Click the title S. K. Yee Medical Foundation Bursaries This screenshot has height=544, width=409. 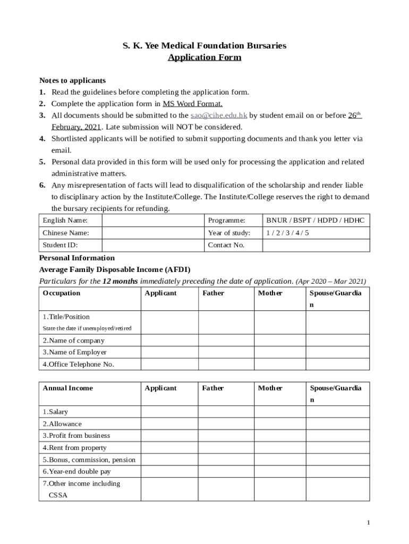(204, 46)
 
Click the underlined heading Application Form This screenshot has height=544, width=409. (204, 57)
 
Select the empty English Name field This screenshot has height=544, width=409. (153, 220)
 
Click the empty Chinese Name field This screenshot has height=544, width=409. (153, 233)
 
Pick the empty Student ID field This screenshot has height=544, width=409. (153, 245)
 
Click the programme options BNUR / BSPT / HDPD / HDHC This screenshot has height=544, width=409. (316, 220)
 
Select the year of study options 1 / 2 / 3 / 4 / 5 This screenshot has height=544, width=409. (287, 233)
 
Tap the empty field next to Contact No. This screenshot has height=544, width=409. (316, 245)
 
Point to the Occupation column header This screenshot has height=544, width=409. (62, 293)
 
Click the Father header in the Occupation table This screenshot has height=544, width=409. (213, 293)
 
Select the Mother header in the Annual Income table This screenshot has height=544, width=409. (270, 388)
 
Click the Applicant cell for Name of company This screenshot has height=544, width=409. (169, 341)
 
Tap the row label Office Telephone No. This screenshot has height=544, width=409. (79, 364)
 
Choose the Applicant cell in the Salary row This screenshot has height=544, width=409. (169, 412)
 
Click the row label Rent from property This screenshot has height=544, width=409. (75, 448)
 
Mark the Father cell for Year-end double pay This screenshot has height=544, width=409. (226, 472)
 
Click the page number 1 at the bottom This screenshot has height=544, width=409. (368, 523)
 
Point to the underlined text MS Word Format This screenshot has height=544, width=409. (192, 104)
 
